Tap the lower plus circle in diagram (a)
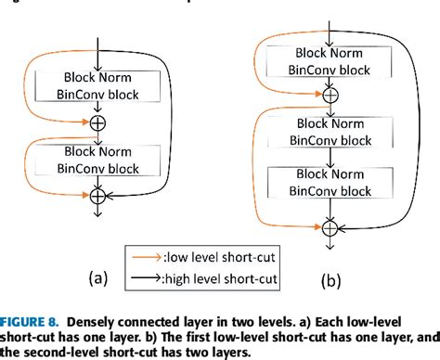pos(97,195)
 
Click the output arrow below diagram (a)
pos(97,213)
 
